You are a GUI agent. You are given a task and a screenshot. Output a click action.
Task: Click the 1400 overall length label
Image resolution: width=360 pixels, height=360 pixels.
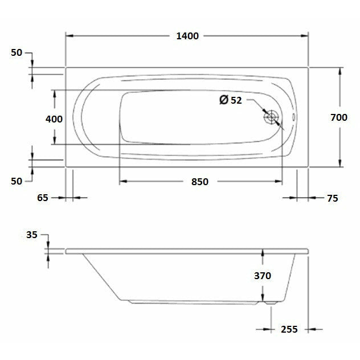[x=187, y=36]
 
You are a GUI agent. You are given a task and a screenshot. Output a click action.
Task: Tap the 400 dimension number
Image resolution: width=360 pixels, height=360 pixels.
[x=54, y=119]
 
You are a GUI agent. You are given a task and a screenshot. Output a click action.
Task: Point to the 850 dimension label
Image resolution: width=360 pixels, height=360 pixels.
[x=199, y=182]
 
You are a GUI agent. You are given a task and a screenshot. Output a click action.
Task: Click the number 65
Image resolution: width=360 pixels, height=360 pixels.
[x=42, y=198]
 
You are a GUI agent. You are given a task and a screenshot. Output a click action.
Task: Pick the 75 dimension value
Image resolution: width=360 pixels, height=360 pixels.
[x=333, y=198]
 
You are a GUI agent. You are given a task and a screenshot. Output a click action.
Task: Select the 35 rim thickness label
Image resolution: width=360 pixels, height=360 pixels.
[x=31, y=234]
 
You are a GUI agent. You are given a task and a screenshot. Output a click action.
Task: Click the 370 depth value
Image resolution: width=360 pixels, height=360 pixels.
[x=262, y=276]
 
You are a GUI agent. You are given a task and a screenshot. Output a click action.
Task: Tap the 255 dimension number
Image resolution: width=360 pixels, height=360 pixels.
[x=290, y=329]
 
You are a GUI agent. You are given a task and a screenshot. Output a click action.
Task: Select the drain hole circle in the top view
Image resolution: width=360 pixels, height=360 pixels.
[x=271, y=117]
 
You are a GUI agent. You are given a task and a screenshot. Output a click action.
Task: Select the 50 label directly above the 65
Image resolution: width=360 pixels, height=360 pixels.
[x=16, y=181]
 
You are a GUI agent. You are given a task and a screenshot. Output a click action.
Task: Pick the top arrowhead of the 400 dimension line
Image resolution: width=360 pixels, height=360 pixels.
[x=55, y=93]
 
